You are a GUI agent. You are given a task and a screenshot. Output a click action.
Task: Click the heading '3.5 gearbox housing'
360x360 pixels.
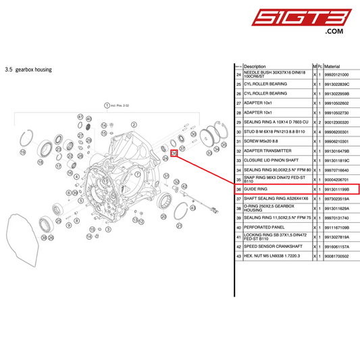tap(28, 69)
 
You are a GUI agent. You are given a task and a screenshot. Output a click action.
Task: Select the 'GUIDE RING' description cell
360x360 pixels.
tap(255, 189)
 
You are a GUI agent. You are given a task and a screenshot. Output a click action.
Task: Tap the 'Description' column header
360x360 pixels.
tap(255, 66)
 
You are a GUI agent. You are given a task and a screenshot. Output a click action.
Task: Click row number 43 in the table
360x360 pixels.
tap(238, 257)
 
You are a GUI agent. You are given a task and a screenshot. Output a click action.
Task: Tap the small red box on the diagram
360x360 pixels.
tap(174, 153)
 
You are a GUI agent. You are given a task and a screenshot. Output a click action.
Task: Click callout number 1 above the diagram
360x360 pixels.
tap(106, 105)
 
